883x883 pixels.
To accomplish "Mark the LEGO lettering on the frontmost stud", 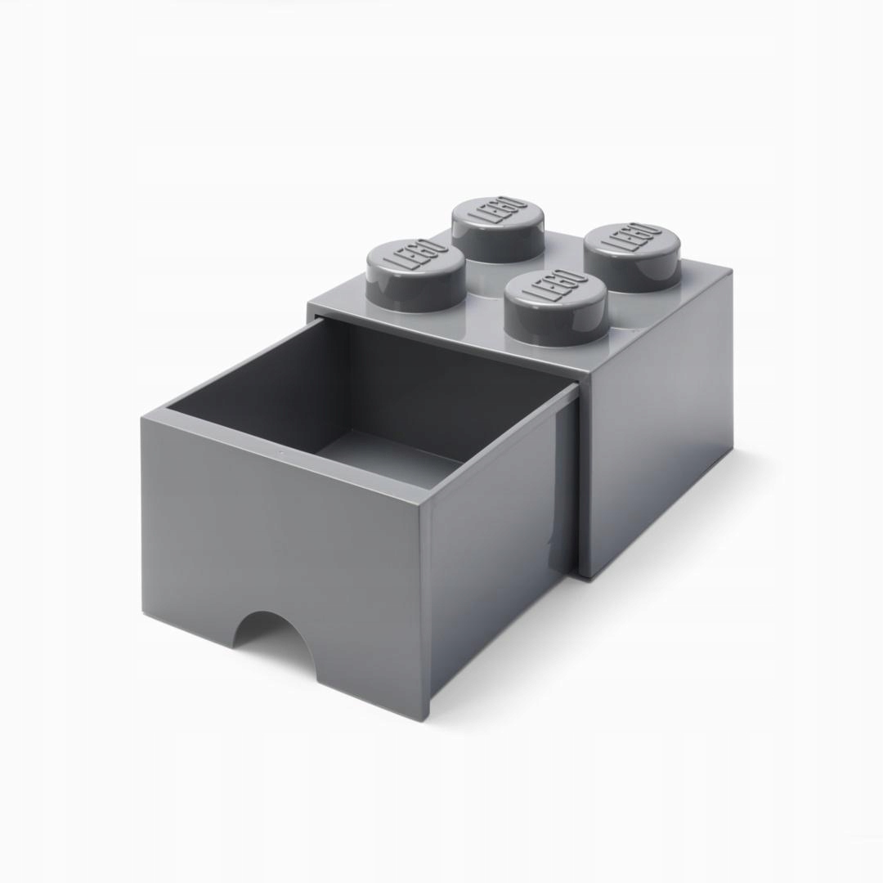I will pos(555,288).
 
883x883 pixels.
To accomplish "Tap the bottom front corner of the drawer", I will pos(425,718).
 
